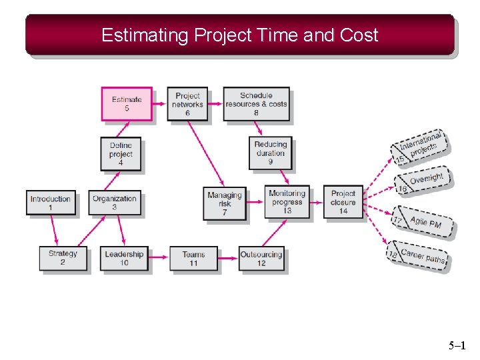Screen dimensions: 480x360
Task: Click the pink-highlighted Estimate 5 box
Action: click(x=127, y=104)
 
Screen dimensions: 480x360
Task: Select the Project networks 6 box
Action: click(x=187, y=104)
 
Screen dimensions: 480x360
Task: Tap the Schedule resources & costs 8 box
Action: click(x=256, y=104)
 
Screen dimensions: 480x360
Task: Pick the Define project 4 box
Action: click(x=121, y=154)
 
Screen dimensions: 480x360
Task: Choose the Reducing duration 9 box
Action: click(x=271, y=153)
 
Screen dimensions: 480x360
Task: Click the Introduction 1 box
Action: click(x=50, y=203)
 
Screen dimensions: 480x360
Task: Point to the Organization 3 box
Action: click(x=115, y=203)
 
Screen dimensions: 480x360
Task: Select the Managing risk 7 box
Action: click(x=225, y=203)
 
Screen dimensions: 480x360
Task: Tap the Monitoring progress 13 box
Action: click(x=287, y=201)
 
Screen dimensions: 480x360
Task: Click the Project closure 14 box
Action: click(x=343, y=201)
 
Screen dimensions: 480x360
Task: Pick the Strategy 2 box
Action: click(x=63, y=258)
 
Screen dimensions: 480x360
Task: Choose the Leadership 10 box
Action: click(x=124, y=259)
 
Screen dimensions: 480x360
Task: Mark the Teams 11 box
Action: click(x=193, y=259)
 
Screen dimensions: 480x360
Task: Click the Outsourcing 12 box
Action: click(x=261, y=259)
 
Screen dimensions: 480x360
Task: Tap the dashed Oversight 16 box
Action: click(x=422, y=181)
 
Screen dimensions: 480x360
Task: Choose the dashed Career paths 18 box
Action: click(x=421, y=255)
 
